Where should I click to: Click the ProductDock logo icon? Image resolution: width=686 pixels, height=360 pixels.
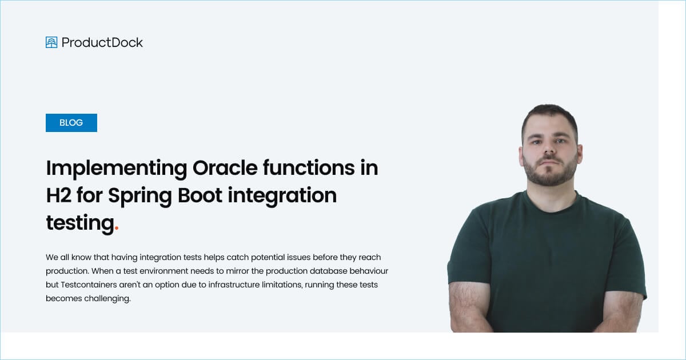tap(51, 42)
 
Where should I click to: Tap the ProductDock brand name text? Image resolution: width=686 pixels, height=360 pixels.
tap(102, 42)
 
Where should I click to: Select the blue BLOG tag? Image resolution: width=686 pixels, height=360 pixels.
tap(71, 123)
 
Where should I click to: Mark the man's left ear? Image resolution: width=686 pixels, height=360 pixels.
tap(579, 153)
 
